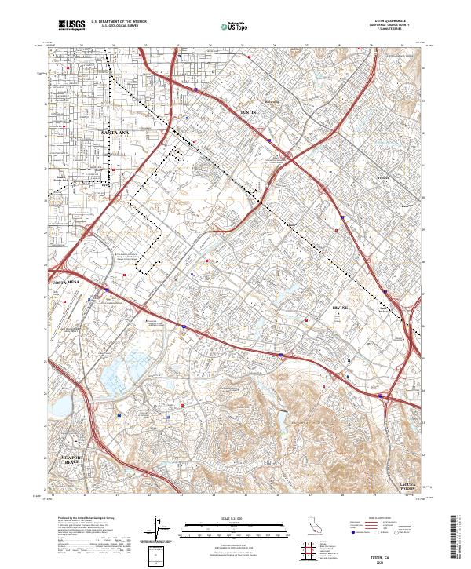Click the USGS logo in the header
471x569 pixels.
tap(71, 25)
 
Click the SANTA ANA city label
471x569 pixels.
tap(115, 133)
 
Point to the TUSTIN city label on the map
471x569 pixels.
tap(248, 113)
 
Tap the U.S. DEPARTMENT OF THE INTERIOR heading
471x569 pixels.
tap(119, 21)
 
